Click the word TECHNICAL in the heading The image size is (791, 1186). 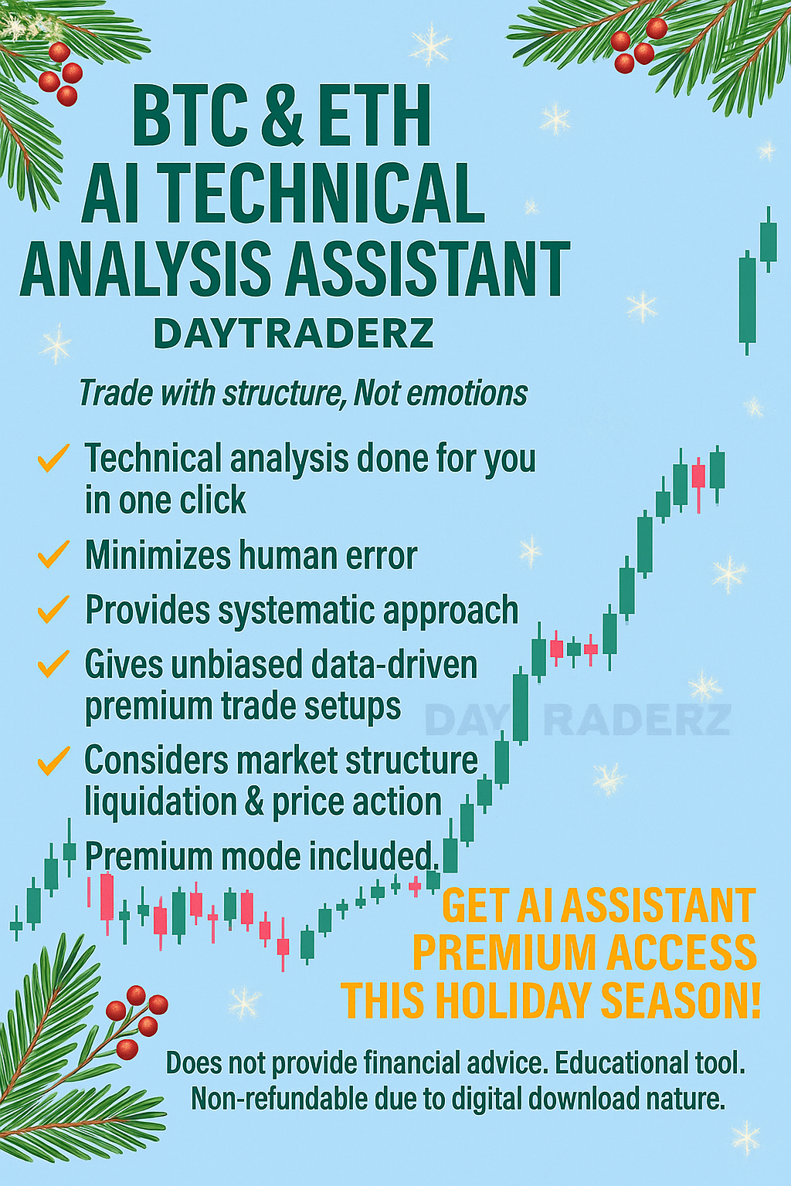coord(324,193)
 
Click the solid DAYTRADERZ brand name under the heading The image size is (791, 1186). coord(294,334)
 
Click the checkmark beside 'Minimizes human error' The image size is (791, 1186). coord(53,554)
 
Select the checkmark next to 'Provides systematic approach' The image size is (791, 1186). coord(53,610)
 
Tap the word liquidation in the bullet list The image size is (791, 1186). coord(160,801)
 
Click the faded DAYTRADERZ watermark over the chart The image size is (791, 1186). coord(578,720)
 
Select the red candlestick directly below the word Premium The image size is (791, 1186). coord(107,896)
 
